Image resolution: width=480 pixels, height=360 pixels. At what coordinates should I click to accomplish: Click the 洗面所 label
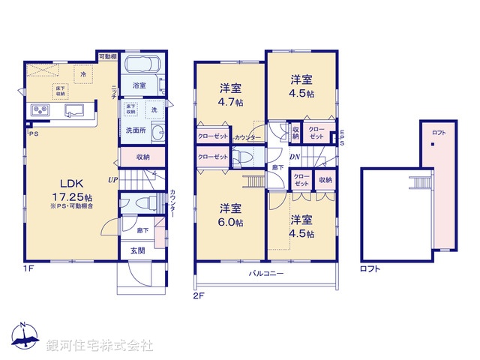click(x=135, y=130)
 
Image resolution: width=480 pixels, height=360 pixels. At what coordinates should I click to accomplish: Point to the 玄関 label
click(x=138, y=250)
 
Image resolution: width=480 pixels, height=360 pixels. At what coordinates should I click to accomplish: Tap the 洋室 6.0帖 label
click(x=230, y=214)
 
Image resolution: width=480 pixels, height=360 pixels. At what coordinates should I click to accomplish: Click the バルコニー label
click(x=266, y=274)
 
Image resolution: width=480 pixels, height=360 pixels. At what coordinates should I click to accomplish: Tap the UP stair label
click(x=112, y=180)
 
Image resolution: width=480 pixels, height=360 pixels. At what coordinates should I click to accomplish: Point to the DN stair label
click(x=295, y=157)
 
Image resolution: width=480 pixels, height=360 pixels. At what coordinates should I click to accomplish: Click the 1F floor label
click(x=29, y=265)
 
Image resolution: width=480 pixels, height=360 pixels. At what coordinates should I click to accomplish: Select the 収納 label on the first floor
click(x=142, y=157)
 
